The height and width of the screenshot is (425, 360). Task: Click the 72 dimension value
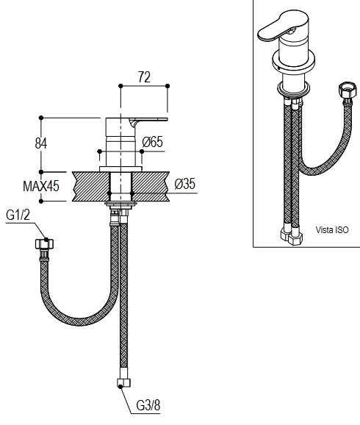[x=144, y=77]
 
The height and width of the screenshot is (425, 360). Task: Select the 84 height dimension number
[x=41, y=143]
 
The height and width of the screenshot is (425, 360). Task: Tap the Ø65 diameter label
[x=153, y=142]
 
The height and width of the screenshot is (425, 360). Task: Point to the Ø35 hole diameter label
[x=184, y=184]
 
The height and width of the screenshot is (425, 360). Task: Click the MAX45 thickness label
[x=41, y=187]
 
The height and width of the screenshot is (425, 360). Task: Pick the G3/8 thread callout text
[x=148, y=405]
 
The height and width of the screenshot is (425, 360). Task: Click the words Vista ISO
[x=332, y=230]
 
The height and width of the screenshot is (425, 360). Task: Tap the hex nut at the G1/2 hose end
[x=44, y=244]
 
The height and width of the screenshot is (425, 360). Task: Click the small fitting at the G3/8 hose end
[x=123, y=383]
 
